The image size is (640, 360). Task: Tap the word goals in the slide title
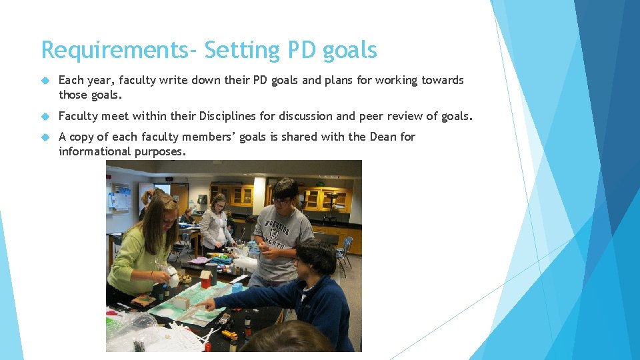pos(349,51)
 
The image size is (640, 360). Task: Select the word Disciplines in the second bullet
pos(227,116)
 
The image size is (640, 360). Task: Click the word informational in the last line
pos(95,151)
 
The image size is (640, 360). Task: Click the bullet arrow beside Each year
pos(45,80)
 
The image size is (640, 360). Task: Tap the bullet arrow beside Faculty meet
pos(45,116)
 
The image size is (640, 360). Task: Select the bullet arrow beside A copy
pos(45,137)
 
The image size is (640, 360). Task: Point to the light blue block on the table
pos(237,287)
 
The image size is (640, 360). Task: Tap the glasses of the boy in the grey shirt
pos(282,201)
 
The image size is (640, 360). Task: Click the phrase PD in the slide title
pos(301,51)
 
